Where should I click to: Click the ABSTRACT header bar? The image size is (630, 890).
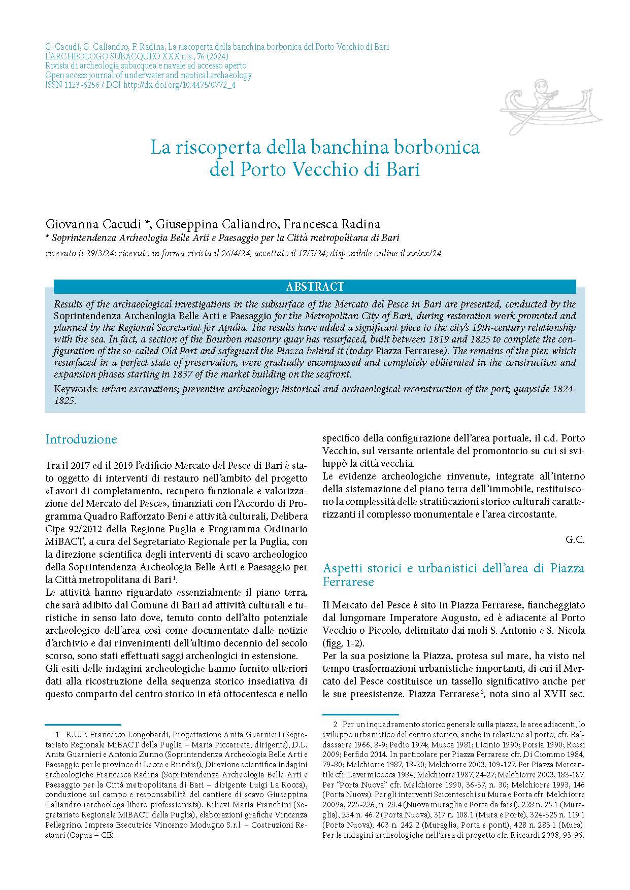[x=315, y=287]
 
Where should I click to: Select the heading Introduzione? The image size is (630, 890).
[x=81, y=439]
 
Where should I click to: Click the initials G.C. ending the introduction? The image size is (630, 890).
[x=575, y=540]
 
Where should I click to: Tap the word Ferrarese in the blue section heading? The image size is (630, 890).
[x=348, y=581]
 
